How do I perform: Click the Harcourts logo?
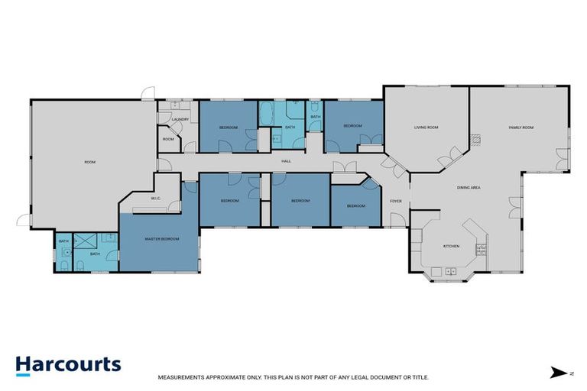coord(68,364)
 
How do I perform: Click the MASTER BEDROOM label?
coord(162,239)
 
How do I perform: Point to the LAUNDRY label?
coord(180,119)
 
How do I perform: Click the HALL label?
coord(287,161)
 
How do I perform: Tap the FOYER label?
coord(396,201)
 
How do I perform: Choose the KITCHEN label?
coord(452,246)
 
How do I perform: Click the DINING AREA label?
coord(468,187)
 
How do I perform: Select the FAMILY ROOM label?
coord(521,127)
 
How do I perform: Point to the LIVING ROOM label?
coord(426,127)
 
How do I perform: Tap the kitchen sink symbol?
coord(451,270)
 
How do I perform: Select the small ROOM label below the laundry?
coord(168,139)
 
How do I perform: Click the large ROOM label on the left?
coord(90,161)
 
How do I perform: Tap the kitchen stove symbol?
coord(480,247)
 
